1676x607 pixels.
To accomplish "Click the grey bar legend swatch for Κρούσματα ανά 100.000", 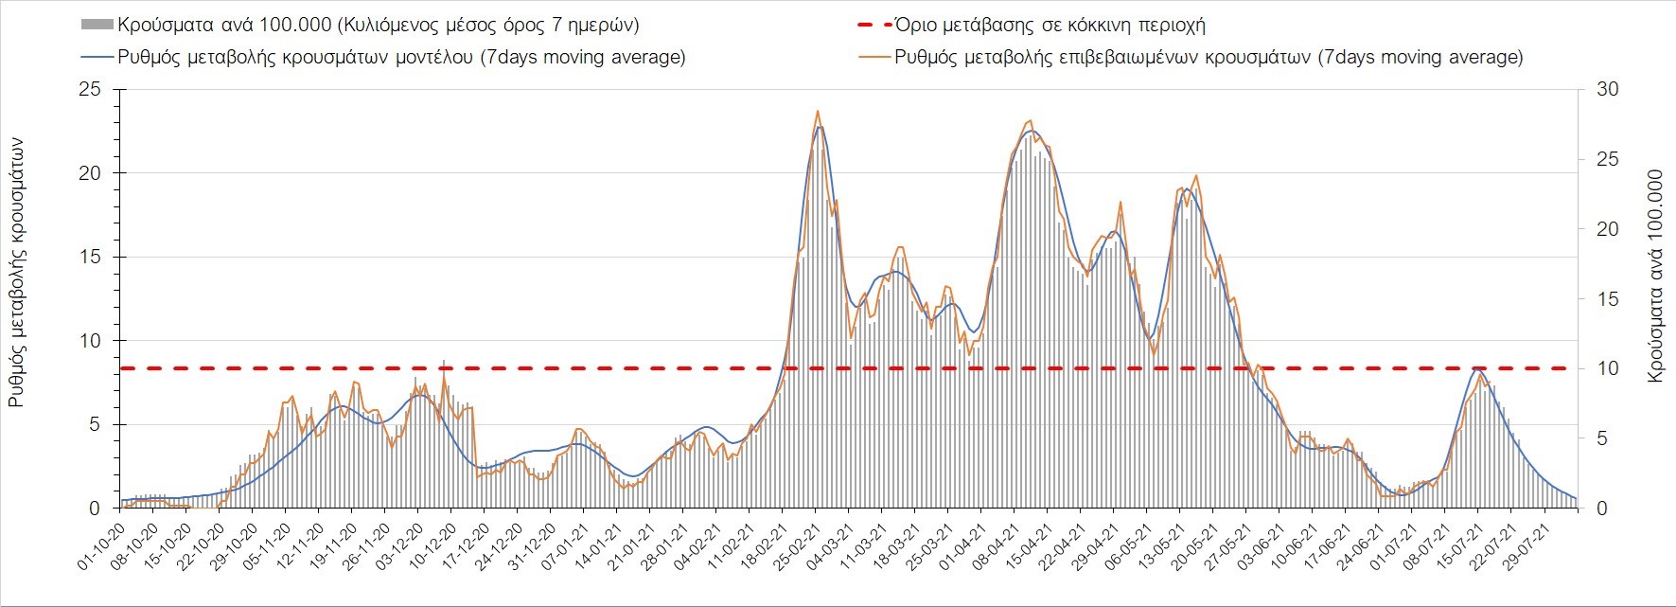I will point(97,25).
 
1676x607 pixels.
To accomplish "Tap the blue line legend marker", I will point(97,57).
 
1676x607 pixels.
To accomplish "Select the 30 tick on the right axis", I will point(1608,90).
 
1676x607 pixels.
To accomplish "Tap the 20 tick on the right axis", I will point(1608,229).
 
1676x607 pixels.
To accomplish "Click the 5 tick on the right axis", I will point(1602,438).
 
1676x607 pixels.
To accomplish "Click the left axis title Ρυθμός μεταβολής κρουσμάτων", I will point(16,273).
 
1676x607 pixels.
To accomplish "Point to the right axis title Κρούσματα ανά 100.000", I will point(1655,277).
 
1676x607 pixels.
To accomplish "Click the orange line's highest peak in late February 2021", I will point(817,111).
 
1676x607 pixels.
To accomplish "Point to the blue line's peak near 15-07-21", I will point(1478,368).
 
